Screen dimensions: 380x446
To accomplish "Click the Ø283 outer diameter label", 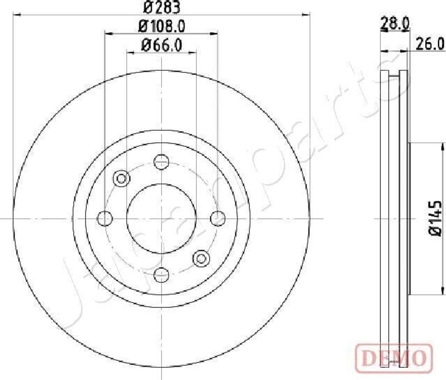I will pyautogui.click(x=162, y=7).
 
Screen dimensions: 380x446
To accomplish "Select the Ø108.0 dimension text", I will pyautogui.click(x=162, y=27).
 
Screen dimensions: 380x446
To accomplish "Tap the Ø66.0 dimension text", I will pyautogui.click(x=161, y=45).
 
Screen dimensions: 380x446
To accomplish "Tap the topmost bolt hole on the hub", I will pyautogui.click(x=162, y=162).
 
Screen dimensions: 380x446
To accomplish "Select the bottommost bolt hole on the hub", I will pyautogui.click(x=162, y=274).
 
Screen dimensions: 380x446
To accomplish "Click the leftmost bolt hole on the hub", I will pyautogui.click(x=105, y=218).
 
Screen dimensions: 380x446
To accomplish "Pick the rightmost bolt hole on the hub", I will pyautogui.click(x=217, y=218).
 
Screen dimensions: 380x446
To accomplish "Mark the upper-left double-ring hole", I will pyautogui.click(x=122, y=178).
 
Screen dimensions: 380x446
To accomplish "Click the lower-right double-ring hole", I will pyautogui.click(x=201, y=258).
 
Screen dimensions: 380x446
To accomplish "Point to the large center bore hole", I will pyautogui.click(x=161, y=218).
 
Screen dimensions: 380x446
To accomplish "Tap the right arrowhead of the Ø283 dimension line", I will pyautogui.click(x=307, y=14).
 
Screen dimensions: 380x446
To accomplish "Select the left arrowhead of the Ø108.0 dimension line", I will pyautogui.click(x=108, y=33).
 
